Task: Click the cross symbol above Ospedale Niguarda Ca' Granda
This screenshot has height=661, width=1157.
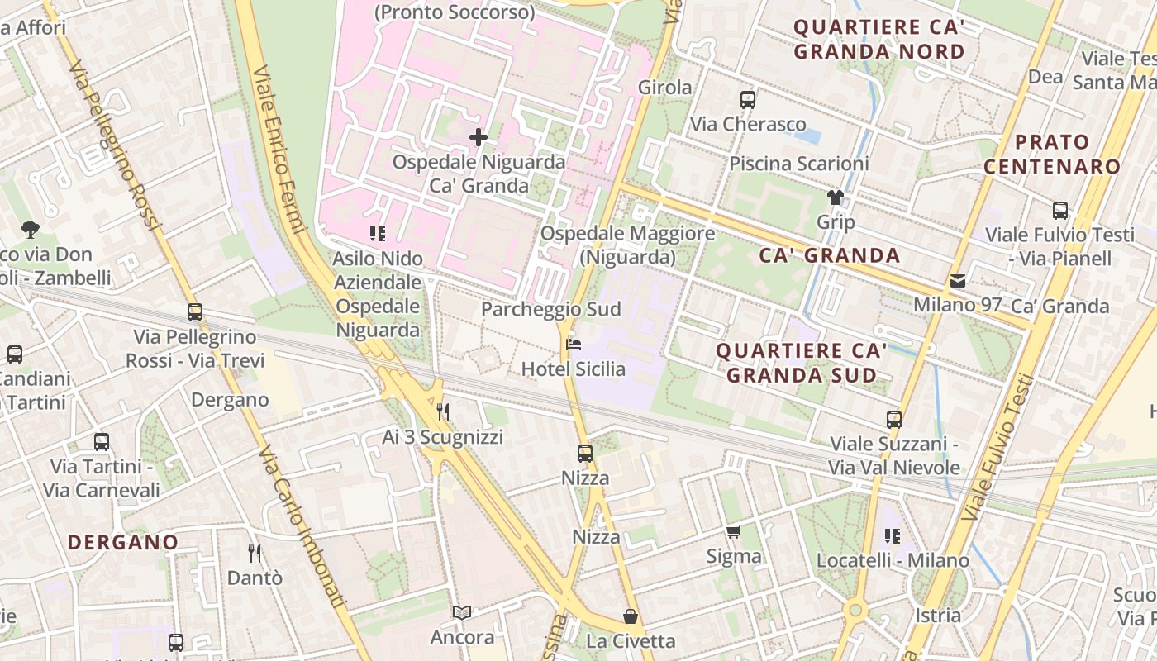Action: [478, 137]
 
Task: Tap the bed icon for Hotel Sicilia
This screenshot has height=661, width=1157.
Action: [573, 344]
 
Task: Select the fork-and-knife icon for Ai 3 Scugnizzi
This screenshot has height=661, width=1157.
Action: [443, 411]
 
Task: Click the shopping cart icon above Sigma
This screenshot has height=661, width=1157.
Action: [733, 531]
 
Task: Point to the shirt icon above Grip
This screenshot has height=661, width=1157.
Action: [836, 197]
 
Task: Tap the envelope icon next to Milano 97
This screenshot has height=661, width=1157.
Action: [957, 281]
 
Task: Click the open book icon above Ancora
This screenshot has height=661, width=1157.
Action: [462, 612]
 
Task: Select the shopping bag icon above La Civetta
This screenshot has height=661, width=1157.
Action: [631, 616]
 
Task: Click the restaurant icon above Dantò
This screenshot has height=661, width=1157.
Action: [255, 553]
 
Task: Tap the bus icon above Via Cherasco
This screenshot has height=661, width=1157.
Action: [748, 100]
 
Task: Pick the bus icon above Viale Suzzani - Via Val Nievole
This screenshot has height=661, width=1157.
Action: [893, 420]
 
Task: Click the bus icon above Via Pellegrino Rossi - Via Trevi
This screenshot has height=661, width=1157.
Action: [195, 312]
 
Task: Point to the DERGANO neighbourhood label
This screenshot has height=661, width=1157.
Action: [123, 543]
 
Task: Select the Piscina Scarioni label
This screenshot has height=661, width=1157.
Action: [798, 164]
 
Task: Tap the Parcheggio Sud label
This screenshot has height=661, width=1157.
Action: [550, 309]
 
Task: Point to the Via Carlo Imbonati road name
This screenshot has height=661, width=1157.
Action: [302, 529]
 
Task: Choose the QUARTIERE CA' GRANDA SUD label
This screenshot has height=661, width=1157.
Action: [801, 362]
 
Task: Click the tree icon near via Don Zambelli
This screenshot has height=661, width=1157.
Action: [31, 229]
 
